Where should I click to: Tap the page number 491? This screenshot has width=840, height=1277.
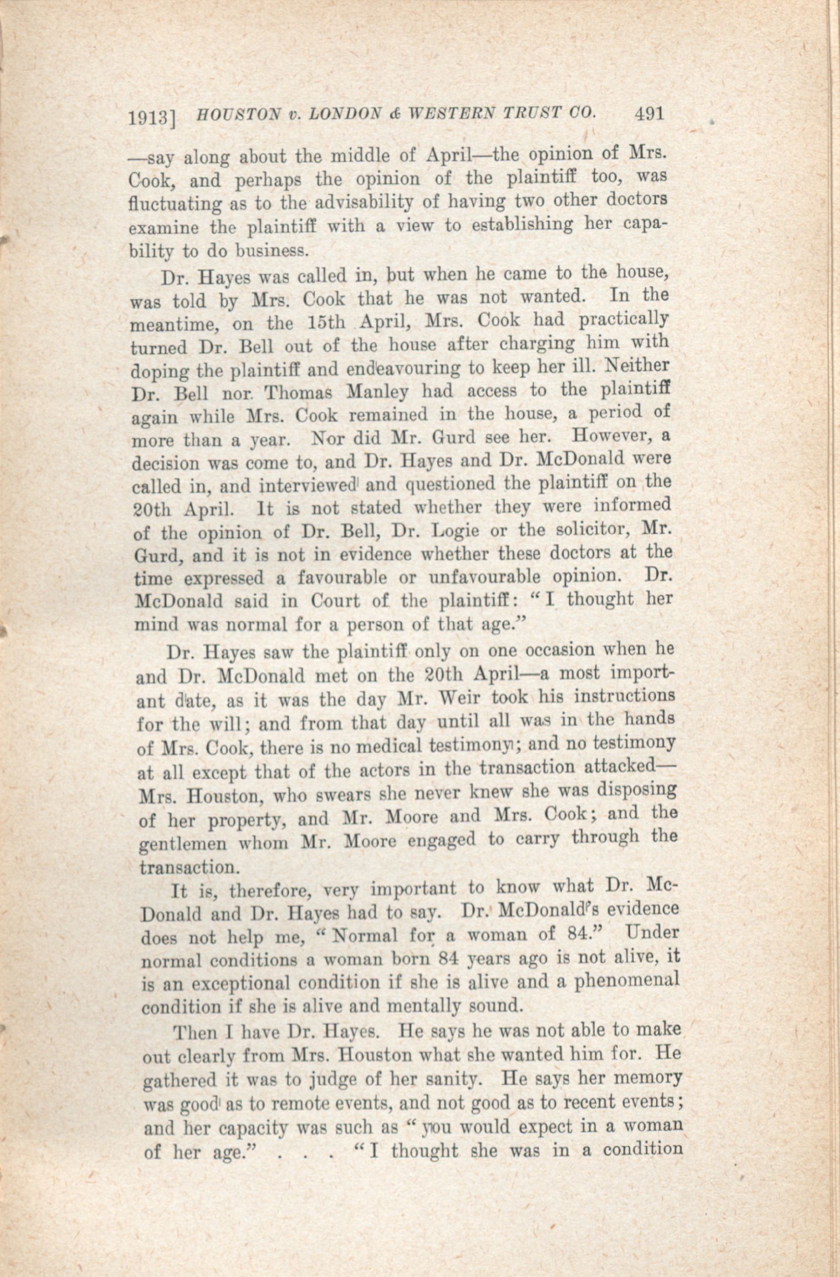coord(649,114)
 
